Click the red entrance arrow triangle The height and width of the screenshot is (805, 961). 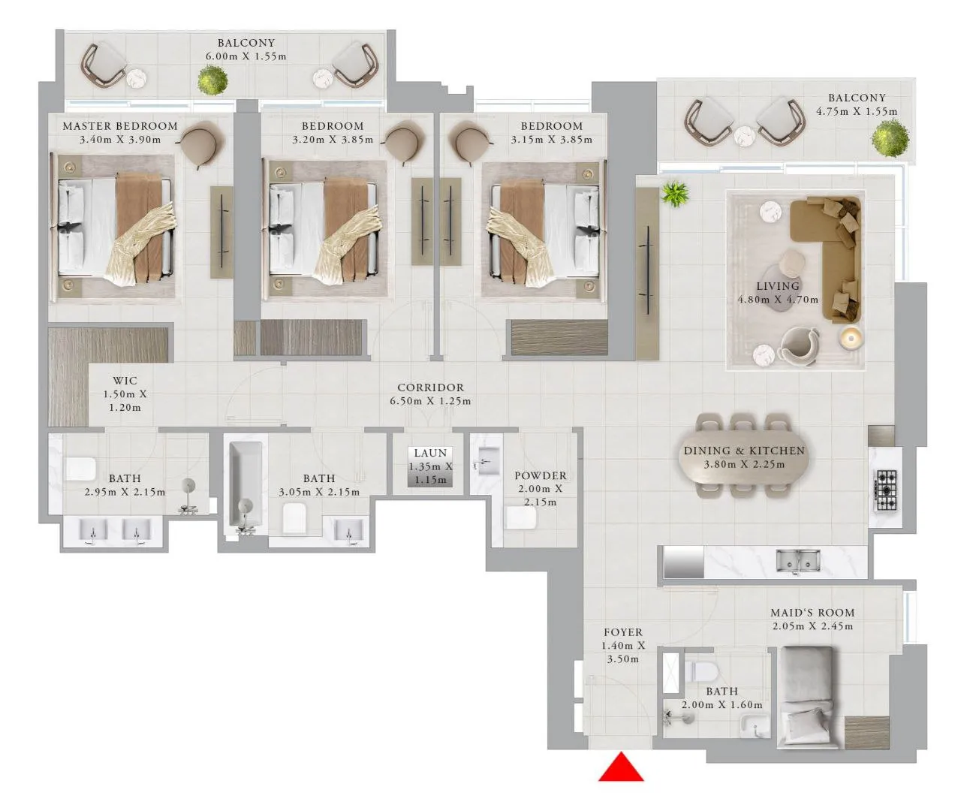pyautogui.click(x=621, y=768)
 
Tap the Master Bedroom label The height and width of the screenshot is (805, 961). pyautogui.click(x=120, y=126)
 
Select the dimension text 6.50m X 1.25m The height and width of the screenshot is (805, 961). pyautogui.click(x=430, y=401)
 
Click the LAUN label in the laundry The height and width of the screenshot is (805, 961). pyautogui.click(x=430, y=453)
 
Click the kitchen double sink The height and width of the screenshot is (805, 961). pyautogui.click(x=798, y=560)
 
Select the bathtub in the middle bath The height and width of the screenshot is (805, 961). pyautogui.click(x=246, y=487)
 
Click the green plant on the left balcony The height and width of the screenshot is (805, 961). pyautogui.click(x=213, y=79)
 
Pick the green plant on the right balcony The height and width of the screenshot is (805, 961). pyautogui.click(x=890, y=137)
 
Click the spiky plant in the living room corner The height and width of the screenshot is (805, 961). pyautogui.click(x=674, y=194)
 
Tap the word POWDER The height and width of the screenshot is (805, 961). pyautogui.click(x=540, y=475)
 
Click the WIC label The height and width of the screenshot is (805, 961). pyautogui.click(x=125, y=381)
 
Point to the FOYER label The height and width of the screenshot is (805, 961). pyautogui.click(x=622, y=632)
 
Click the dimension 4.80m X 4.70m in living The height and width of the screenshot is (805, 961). pyautogui.click(x=777, y=300)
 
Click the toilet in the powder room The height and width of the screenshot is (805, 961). pyautogui.click(x=520, y=517)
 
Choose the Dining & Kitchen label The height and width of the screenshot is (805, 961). pyautogui.click(x=743, y=451)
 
